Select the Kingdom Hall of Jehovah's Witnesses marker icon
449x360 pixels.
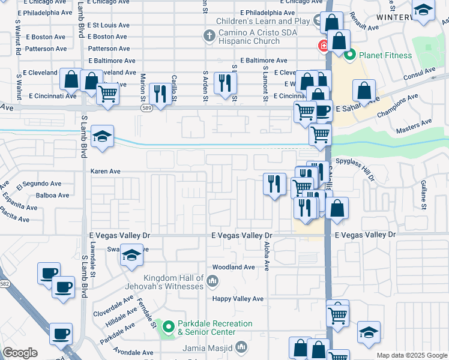(211, 281)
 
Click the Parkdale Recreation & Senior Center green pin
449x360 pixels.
(169, 328)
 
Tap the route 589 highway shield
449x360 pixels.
(146, 108)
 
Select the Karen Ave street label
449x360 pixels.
(106, 171)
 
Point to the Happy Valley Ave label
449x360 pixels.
(238, 299)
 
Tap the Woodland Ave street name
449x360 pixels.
(234, 267)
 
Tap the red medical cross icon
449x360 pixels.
(322, 45)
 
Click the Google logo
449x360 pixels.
(20, 353)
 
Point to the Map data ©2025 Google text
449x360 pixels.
(411, 355)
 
